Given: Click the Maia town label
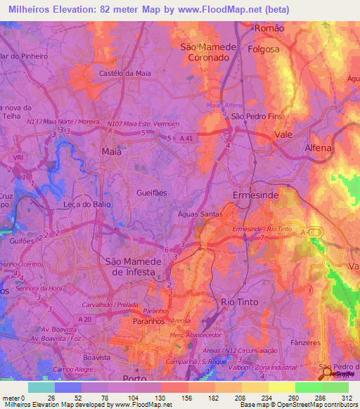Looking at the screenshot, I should coord(111,151).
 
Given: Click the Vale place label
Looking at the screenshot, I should coord(283,134).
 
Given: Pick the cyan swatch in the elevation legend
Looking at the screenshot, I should coord(41,387).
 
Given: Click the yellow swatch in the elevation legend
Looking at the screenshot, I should coord(282,387).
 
